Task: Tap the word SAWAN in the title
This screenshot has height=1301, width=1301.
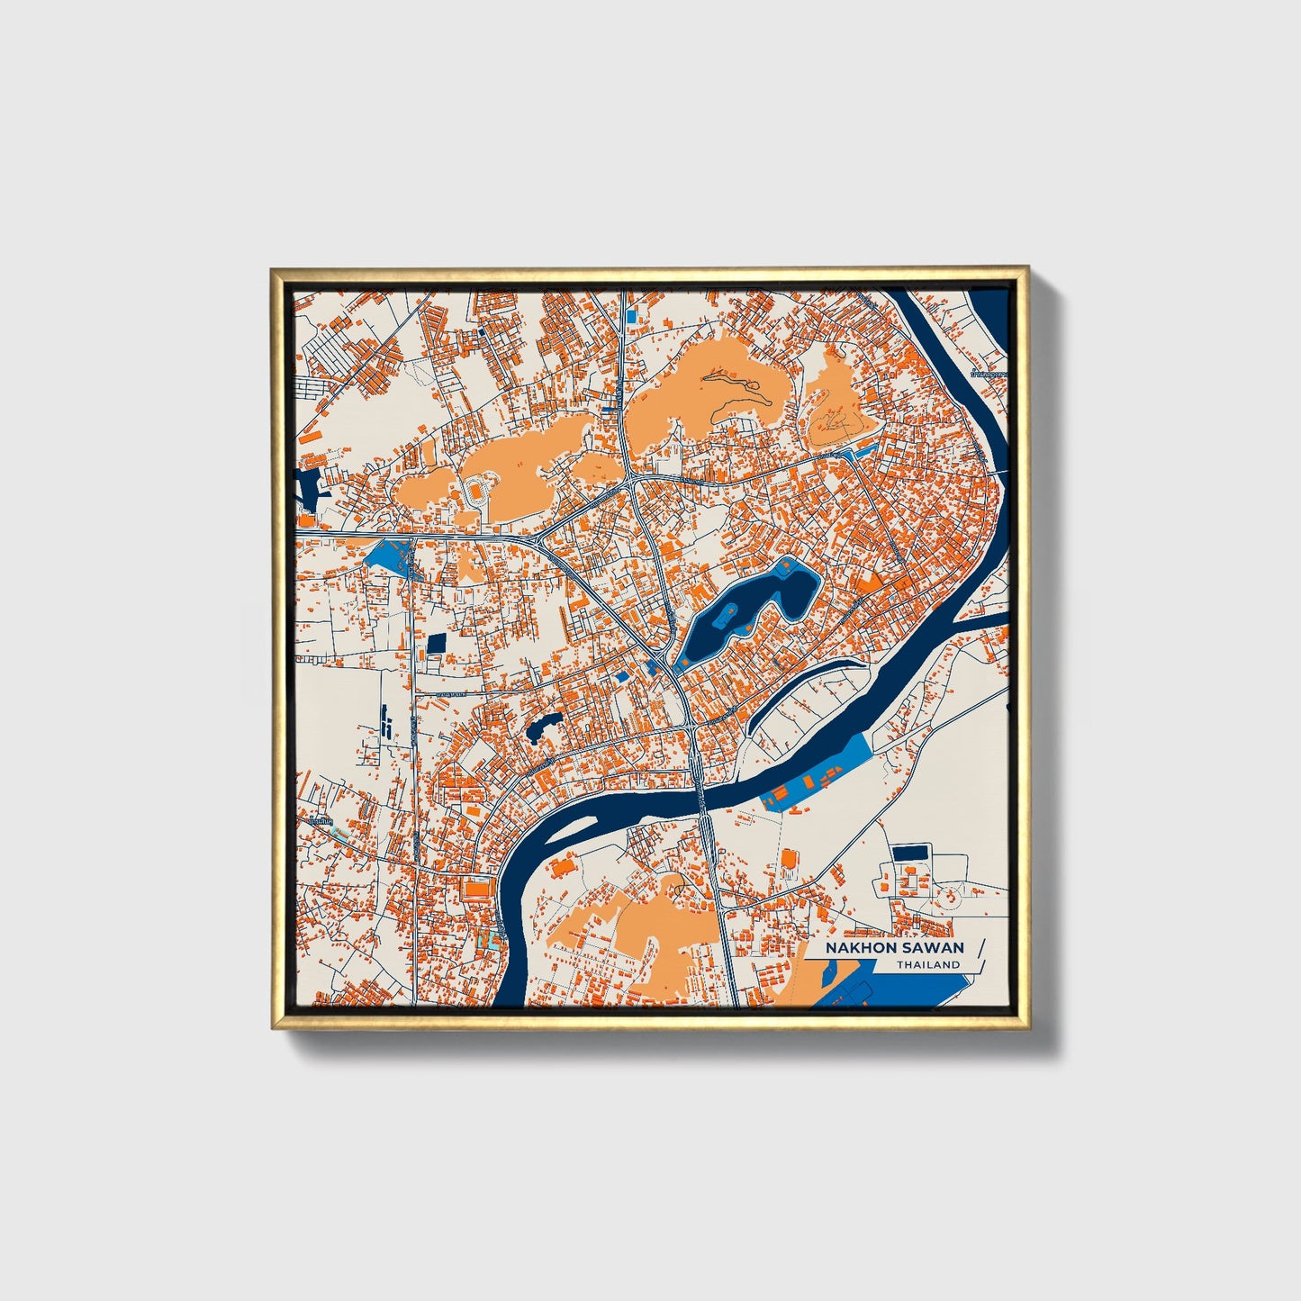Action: pyautogui.click(x=931, y=947)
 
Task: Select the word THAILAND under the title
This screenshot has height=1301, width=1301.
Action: pyautogui.click(x=927, y=965)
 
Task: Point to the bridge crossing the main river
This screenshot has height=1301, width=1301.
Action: pyautogui.click(x=700, y=792)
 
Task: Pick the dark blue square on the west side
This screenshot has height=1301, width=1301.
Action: pyautogui.click(x=437, y=643)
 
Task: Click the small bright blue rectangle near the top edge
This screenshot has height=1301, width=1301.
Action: pyautogui.click(x=630, y=317)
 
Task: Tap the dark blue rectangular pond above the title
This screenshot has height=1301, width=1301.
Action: pyautogui.click(x=911, y=851)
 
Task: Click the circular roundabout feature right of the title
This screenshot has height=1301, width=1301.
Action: pyautogui.click(x=947, y=896)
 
